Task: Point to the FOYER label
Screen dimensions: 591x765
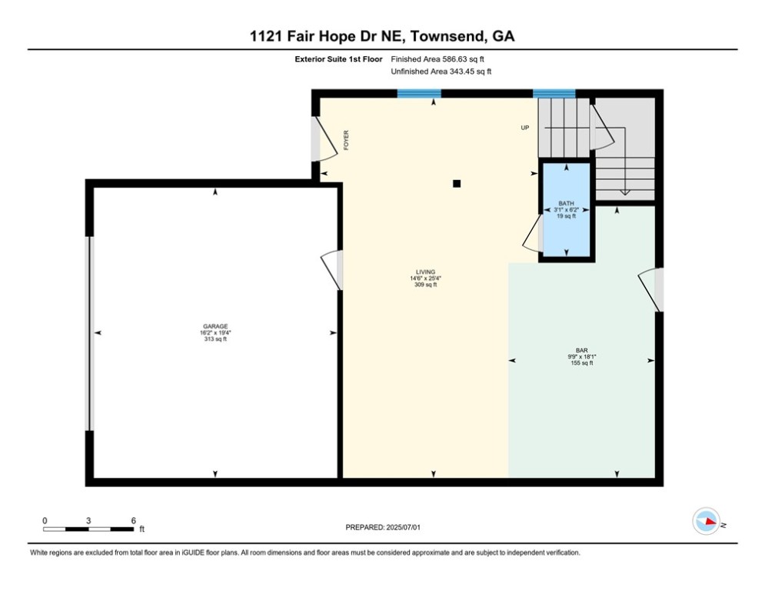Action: [347, 139]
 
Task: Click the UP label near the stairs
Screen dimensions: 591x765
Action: [525, 128]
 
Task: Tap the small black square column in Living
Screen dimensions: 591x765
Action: [457, 184]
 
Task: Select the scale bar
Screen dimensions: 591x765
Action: [88, 529]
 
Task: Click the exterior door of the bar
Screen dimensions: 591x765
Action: [653, 290]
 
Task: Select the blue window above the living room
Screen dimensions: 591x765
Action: [419, 94]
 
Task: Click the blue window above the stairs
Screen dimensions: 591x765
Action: [554, 94]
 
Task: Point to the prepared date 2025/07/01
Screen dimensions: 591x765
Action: [382, 527]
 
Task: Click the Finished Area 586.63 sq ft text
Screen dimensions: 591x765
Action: [437, 58]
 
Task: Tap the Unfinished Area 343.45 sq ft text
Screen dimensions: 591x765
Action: [441, 72]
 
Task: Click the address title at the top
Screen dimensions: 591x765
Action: [382, 36]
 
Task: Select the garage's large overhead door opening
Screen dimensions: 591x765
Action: [89, 333]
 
